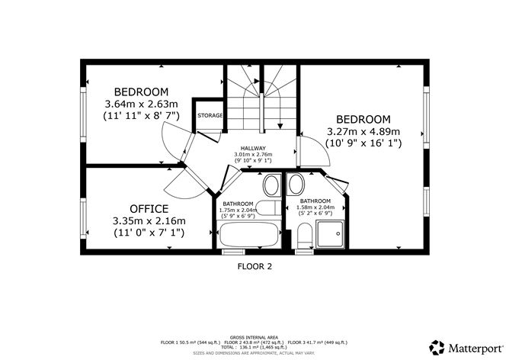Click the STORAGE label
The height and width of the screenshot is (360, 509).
210,115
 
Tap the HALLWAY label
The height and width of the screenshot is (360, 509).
253,149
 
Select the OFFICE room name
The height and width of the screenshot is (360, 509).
149,208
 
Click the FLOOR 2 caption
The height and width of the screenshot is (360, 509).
254,267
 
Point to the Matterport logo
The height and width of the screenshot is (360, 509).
466,348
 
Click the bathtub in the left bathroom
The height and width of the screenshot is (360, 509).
249,234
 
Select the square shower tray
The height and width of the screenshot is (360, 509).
330,234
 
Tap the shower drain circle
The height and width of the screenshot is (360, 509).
338,233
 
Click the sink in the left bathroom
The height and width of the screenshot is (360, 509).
272,185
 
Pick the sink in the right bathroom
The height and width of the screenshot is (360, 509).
296,185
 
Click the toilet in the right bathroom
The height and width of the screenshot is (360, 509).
305,236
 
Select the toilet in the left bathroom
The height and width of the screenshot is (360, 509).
268,208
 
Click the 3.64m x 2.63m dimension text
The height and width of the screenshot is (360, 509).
141,104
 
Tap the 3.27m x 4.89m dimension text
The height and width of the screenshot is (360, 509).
363,132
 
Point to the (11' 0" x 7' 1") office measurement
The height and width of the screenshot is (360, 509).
149,233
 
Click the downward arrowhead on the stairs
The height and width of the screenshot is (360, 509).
280,126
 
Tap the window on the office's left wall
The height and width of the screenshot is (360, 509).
83,218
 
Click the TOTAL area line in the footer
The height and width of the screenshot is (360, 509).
254,347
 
